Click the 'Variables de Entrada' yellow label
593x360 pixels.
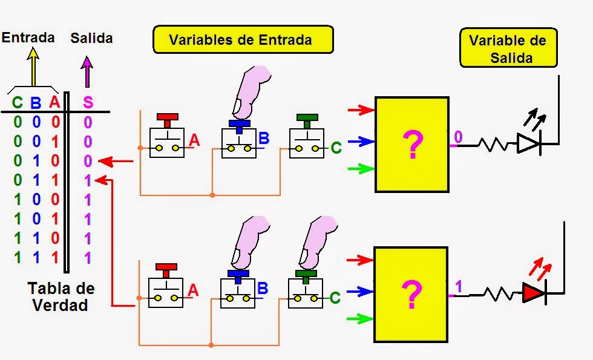click(240, 41)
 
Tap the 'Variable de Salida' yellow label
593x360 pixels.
click(507, 49)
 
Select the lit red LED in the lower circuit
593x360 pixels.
click(533, 293)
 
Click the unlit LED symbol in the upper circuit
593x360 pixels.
click(528, 144)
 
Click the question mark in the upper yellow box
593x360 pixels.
click(411, 145)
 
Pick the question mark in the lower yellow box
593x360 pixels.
click(411, 295)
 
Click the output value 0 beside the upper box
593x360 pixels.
click(458, 137)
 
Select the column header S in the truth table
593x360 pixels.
click(88, 103)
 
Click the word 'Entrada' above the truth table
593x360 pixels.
click(28, 38)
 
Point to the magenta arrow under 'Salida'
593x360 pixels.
click(87, 71)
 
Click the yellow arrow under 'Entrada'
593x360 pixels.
click(33, 68)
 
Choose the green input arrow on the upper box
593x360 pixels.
click(362, 169)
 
